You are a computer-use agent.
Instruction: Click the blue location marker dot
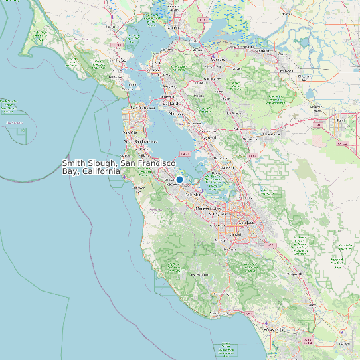pos(179,179)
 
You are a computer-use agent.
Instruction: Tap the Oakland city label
pos(170,103)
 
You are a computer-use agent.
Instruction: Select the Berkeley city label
pos(169,86)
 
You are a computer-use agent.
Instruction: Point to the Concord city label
pos(217,77)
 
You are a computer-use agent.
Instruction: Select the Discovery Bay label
pos(305,76)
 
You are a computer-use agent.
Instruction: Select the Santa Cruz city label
pos(221,312)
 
